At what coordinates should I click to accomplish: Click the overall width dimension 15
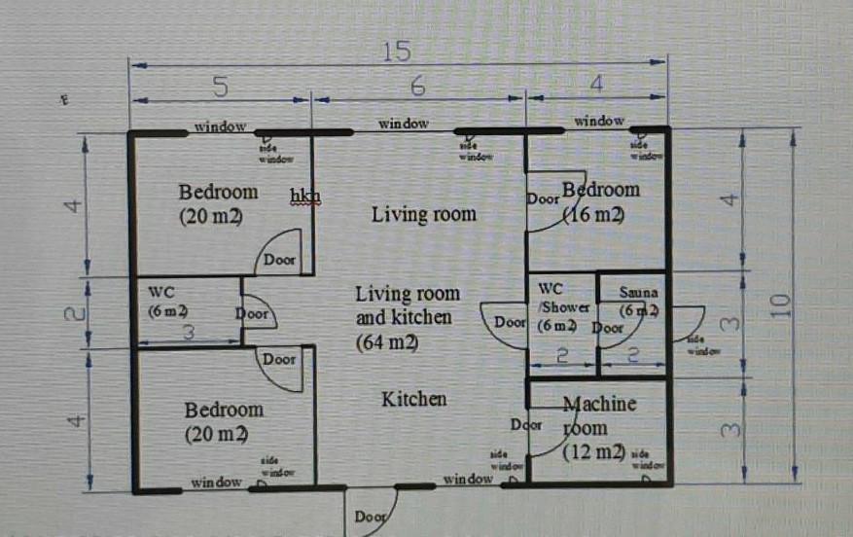(x=397, y=52)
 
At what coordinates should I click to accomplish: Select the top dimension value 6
(x=417, y=86)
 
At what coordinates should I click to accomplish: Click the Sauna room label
(x=638, y=292)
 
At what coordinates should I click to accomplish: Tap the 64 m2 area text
(x=388, y=342)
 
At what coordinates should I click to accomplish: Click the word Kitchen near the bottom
(x=413, y=399)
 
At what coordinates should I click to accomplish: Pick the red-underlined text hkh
(x=304, y=196)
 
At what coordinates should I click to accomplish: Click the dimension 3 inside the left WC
(x=189, y=332)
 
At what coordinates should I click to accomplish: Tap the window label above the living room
(x=404, y=124)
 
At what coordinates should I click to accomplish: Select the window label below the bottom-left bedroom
(x=216, y=483)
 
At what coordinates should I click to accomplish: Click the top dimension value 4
(x=596, y=86)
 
